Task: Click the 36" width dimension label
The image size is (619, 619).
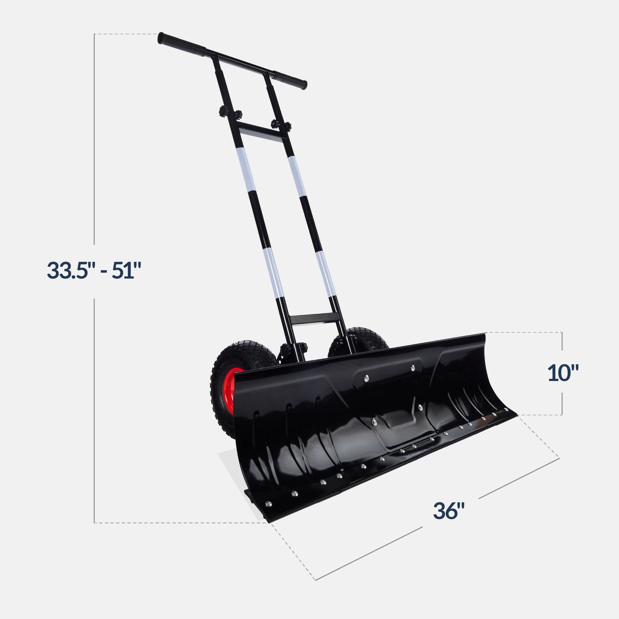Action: (x=449, y=511)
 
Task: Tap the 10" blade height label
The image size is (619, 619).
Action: (x=563, y=373)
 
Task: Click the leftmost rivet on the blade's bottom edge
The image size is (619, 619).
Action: (x=269, y=503)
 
